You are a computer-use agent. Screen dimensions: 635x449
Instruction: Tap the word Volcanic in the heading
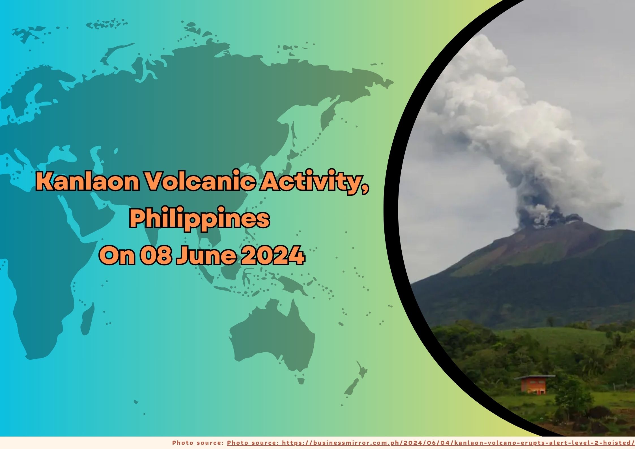(x=199, y=182)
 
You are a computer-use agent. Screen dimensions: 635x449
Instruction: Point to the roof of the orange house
(x=535, y=377)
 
